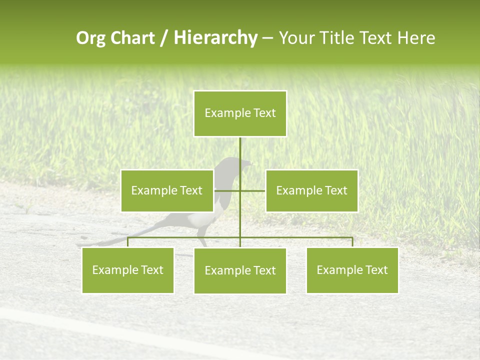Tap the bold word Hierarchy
(x=215, y=38)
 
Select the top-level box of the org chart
(x=240, y=113)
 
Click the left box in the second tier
(x=167, y=190)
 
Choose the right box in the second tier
(x=311, y=190)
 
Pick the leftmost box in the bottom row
(x=127, y=270)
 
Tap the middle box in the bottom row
(x=240, y=270)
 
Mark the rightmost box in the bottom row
(x=352, y=270)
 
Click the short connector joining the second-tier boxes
(x=252, y=190)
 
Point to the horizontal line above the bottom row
(x=300, y=237)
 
